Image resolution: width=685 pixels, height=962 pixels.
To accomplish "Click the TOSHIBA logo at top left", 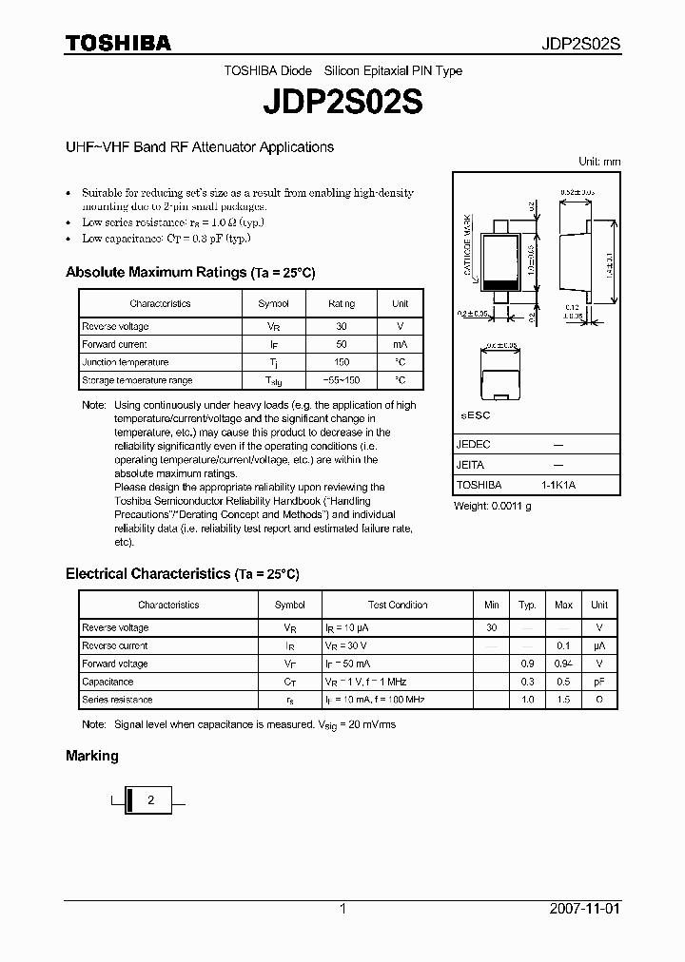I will point(118,44).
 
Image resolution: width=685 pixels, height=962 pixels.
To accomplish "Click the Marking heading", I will point(92,756).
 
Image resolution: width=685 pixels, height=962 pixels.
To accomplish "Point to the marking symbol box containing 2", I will point(150,800).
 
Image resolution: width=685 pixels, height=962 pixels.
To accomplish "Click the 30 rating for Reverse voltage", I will point(342,326).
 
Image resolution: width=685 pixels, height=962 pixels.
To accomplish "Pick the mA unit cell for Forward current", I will point(400,344).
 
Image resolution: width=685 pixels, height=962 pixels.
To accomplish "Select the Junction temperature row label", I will point(126,362).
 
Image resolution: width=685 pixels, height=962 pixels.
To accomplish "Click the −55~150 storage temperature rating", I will point(342,380).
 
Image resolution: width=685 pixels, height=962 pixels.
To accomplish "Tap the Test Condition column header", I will point(398,605).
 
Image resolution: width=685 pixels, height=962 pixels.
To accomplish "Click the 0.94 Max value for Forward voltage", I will point(563,664).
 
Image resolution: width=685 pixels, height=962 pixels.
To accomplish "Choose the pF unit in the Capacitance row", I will point(598,682).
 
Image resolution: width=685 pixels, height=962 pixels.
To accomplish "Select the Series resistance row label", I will point(117,700).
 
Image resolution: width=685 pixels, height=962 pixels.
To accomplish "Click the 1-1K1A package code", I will point(558,485).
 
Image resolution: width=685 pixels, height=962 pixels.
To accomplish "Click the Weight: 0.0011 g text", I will point(492,506).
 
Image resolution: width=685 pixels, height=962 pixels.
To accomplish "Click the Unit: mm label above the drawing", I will point(598,162).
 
